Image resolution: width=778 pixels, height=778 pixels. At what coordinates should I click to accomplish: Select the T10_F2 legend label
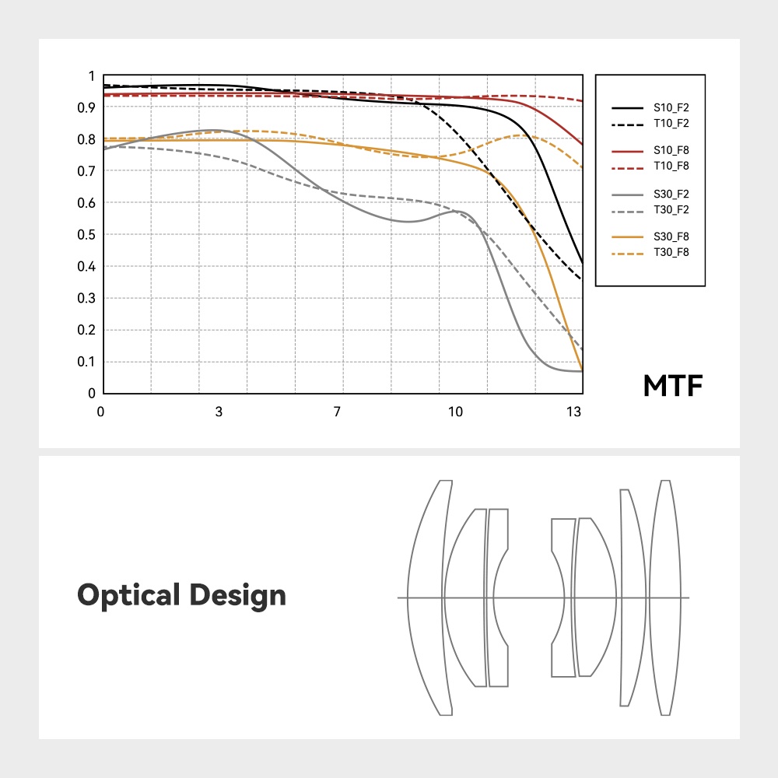pos(671,123)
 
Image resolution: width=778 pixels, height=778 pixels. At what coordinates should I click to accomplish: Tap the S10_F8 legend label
pos(671,151)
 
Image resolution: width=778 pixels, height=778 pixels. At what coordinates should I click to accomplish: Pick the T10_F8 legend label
pos(671,166)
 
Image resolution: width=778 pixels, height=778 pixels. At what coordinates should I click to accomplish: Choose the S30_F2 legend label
pos(671,194)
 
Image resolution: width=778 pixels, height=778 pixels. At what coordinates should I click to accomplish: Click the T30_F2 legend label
pos(671,209)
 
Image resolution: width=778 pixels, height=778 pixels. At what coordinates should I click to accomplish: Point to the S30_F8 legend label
pos(671,237)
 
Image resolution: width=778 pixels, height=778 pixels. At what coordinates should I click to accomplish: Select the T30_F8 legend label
pos(671,251)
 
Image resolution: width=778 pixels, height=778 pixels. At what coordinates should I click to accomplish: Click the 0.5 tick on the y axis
pos(90,235)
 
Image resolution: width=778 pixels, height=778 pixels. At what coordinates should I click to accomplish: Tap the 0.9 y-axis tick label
pos(90,107)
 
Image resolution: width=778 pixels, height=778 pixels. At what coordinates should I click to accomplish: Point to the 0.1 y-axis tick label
pos(90,362)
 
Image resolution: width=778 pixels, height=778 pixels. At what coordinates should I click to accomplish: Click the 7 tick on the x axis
pos(338,412)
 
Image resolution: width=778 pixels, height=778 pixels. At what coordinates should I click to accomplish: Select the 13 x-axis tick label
pos(574,412)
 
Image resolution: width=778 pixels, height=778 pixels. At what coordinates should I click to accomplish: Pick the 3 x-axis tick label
pos(219,412)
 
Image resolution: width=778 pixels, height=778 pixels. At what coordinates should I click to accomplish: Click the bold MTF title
pos(673,386)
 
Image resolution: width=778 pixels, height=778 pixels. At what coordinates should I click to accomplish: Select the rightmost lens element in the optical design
pos(664,598)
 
